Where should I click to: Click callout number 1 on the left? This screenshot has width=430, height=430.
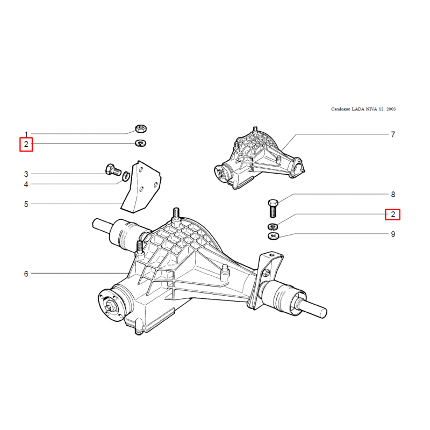click(x=26, y=134)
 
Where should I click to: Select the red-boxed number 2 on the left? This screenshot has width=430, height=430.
click(x=26, y=144)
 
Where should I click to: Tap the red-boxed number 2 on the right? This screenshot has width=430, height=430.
click(x=392, y=214)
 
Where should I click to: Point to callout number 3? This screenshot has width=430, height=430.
click(x=26, y=174)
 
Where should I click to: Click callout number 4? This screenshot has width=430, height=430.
click(x=26, y=184)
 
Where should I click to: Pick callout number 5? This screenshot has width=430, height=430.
click(x=26, y=204)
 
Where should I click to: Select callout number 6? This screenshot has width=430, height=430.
click(x=26, y=274)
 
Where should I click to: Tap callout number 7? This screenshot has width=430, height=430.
click(x=393, y=134)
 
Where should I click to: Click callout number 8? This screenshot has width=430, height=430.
click(x=393, y=195)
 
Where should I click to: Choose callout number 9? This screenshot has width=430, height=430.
click(x=393, y=234)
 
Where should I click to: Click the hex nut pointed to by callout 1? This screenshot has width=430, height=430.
click(x=141, y=128)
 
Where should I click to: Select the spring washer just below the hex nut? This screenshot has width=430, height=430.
click(x=141, y=143)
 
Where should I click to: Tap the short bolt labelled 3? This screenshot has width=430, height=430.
click(x=113, y=169)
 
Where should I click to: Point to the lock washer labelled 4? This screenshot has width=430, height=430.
click(x=126, y=176)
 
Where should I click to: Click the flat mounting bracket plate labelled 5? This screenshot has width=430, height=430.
click(x=141, y=187)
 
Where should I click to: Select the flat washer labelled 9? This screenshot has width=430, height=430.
click(x=273, y=236)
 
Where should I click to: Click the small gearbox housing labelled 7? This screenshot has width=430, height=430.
click(x=259, y=159)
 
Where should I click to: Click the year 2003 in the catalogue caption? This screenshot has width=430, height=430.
click(x=391, y=109)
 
